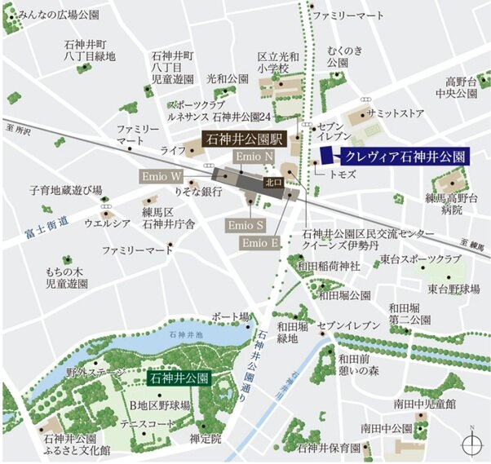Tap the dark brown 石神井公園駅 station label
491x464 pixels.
tap(242, 138)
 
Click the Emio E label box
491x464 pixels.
tap(260, 243)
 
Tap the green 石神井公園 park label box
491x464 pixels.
tap(179, 378)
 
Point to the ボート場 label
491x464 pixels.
tap(229, 316)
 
